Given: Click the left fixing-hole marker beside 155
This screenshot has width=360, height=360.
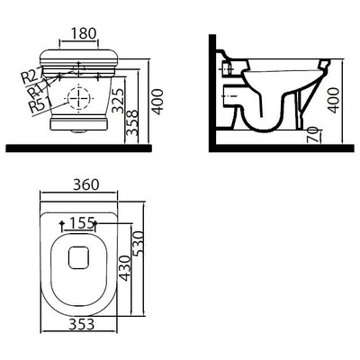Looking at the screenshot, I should (x=59, y=221).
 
